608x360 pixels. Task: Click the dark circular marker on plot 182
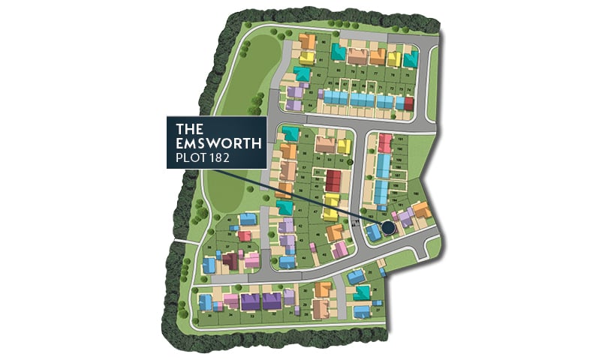coord(387,227)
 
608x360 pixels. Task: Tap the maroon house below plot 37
coord(230,261)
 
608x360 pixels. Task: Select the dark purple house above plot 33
coord(249,301)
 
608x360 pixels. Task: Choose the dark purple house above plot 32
coord(272,300)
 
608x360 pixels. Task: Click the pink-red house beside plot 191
coord(384,142)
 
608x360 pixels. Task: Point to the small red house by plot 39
coord(244,236)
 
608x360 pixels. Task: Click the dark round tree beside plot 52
coord(350,160)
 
